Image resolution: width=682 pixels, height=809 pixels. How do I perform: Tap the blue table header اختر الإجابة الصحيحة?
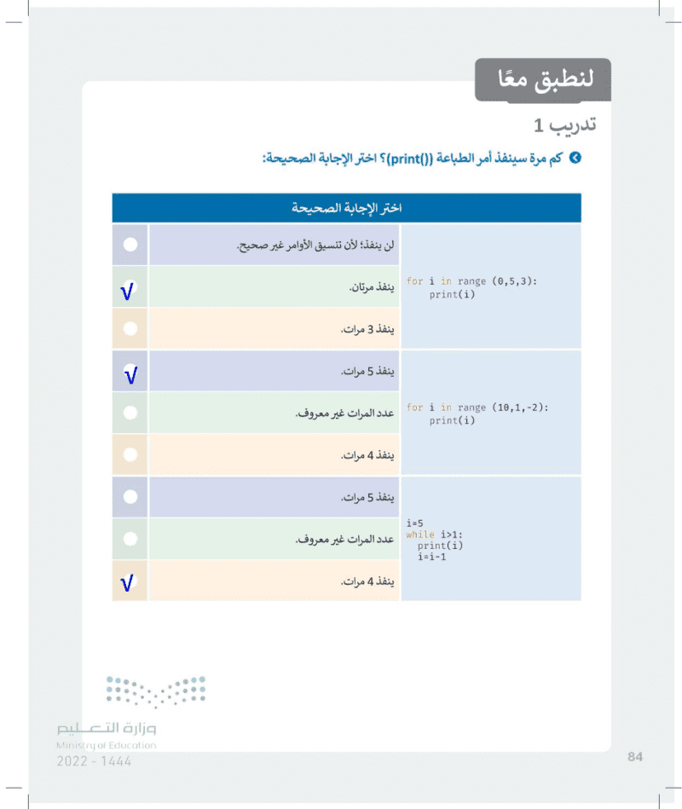click(346, 208)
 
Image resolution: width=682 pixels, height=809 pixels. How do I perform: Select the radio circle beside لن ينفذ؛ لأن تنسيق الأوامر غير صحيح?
click(130, 245)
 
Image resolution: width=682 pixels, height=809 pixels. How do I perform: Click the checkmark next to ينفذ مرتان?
click(129, 290)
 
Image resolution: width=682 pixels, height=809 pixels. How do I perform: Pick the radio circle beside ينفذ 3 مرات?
click(130, 328)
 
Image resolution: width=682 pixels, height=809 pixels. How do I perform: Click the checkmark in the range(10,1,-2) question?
click(130, 373)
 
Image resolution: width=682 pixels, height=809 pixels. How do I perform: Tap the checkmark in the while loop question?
click(129, 582)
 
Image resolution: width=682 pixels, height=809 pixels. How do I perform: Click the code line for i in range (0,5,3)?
click(471, 281)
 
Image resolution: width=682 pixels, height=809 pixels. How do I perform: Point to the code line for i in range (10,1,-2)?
click(477, 407)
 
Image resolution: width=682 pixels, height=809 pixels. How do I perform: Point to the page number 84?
click(633, 756)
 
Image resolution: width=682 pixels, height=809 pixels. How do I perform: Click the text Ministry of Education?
click(106, 745)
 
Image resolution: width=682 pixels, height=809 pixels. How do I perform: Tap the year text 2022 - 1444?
click(95, 761)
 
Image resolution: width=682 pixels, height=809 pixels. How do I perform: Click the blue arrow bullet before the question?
click(575, 159)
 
